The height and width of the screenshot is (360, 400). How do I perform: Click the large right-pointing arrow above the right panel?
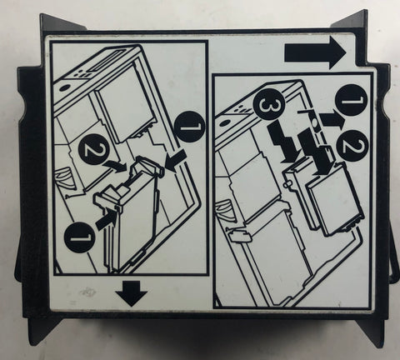tap(315, 52)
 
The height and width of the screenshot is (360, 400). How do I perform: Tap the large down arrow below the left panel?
tap(132, 293)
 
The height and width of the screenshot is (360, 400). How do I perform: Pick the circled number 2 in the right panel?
tap(353, 145)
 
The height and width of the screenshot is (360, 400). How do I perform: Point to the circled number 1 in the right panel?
tap(352, 100)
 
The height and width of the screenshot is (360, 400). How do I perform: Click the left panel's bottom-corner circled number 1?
tap(80, 237)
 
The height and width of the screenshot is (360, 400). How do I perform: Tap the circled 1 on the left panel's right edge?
tap(189, 127)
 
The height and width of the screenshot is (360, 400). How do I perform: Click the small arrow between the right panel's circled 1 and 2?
tap(332, 120)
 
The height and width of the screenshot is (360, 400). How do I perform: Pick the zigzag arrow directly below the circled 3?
tap(283, 143)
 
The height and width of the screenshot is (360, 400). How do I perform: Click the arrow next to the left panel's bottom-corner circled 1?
tap(107, 221)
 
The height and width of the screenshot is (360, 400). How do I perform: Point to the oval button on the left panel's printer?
tap(64, 87)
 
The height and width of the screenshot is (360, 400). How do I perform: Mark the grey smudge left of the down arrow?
tap(87, 292)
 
